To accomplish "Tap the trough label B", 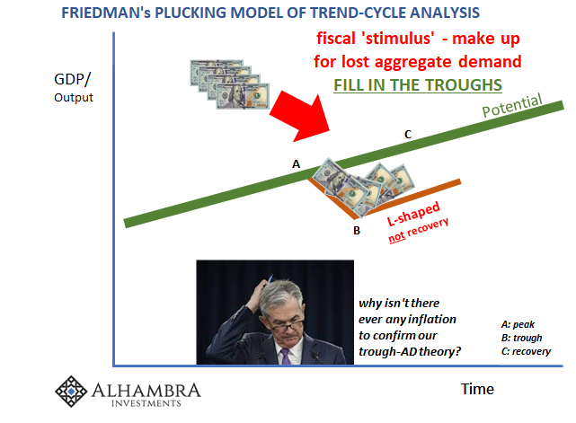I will coord(357,230).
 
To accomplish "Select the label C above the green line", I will coord(407,135).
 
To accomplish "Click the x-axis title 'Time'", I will coord(476,388).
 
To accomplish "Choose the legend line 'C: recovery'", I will coord(526,351).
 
